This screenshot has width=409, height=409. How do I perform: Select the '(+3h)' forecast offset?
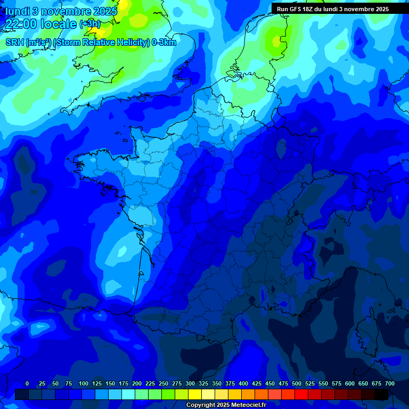pyautogui.click(x=89, y=24)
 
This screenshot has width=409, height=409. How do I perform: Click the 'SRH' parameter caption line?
pyautogui.click(x=91, y=42)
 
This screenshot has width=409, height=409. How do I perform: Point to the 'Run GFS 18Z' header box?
pyautogui.click(x=332, y=9)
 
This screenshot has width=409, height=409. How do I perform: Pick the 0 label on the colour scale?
pyautogui.click(x=27, y=383)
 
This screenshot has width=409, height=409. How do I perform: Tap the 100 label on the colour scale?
pyautogui.click(x=84, y=383)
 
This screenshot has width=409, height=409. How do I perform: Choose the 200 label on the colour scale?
pyautogui.click(x=137, y=383)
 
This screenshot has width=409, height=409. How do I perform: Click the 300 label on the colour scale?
pyautogui.click(x=190, y=383)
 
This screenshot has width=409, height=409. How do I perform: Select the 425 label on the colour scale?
pyautogui.click(x=257, y=383)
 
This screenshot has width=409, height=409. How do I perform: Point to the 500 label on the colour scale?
pyautogui.click(x=297, y=383)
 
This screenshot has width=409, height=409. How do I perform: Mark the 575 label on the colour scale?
pyautogui.click(x=337, y=383)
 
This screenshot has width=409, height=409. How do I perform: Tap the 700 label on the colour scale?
pyautogui.click(x=390, y=383)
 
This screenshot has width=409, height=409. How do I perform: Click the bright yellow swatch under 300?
pyautogui.click(x=195, y=394)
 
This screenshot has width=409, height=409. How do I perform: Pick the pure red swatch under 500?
pyautogui.click(x=301, y=394)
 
